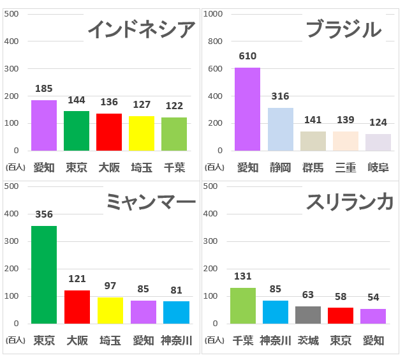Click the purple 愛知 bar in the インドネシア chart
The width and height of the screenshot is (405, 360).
point(44,125)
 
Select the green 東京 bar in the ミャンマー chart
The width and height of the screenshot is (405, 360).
point(44,274)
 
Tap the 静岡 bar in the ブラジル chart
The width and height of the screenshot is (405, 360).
point(280,129)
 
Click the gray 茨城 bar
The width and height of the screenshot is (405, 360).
point(308,315)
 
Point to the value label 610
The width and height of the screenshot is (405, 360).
point(247,56)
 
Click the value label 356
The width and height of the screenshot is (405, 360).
point(44,214)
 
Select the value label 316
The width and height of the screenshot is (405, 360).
point(280,96)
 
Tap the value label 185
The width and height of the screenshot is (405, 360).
point(44,89)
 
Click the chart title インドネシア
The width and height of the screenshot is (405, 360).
point(141,29)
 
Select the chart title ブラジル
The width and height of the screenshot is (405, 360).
point(344,29)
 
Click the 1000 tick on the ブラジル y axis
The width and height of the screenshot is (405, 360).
point(214,14)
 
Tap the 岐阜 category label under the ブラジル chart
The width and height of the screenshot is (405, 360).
point(378,168)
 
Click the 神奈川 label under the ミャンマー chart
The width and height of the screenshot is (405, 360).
point(176,340)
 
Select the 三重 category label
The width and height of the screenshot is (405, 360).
point(345,168)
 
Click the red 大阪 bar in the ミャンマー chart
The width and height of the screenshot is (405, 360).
point(77,307)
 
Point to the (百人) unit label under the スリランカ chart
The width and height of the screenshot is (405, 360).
point(214,340)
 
